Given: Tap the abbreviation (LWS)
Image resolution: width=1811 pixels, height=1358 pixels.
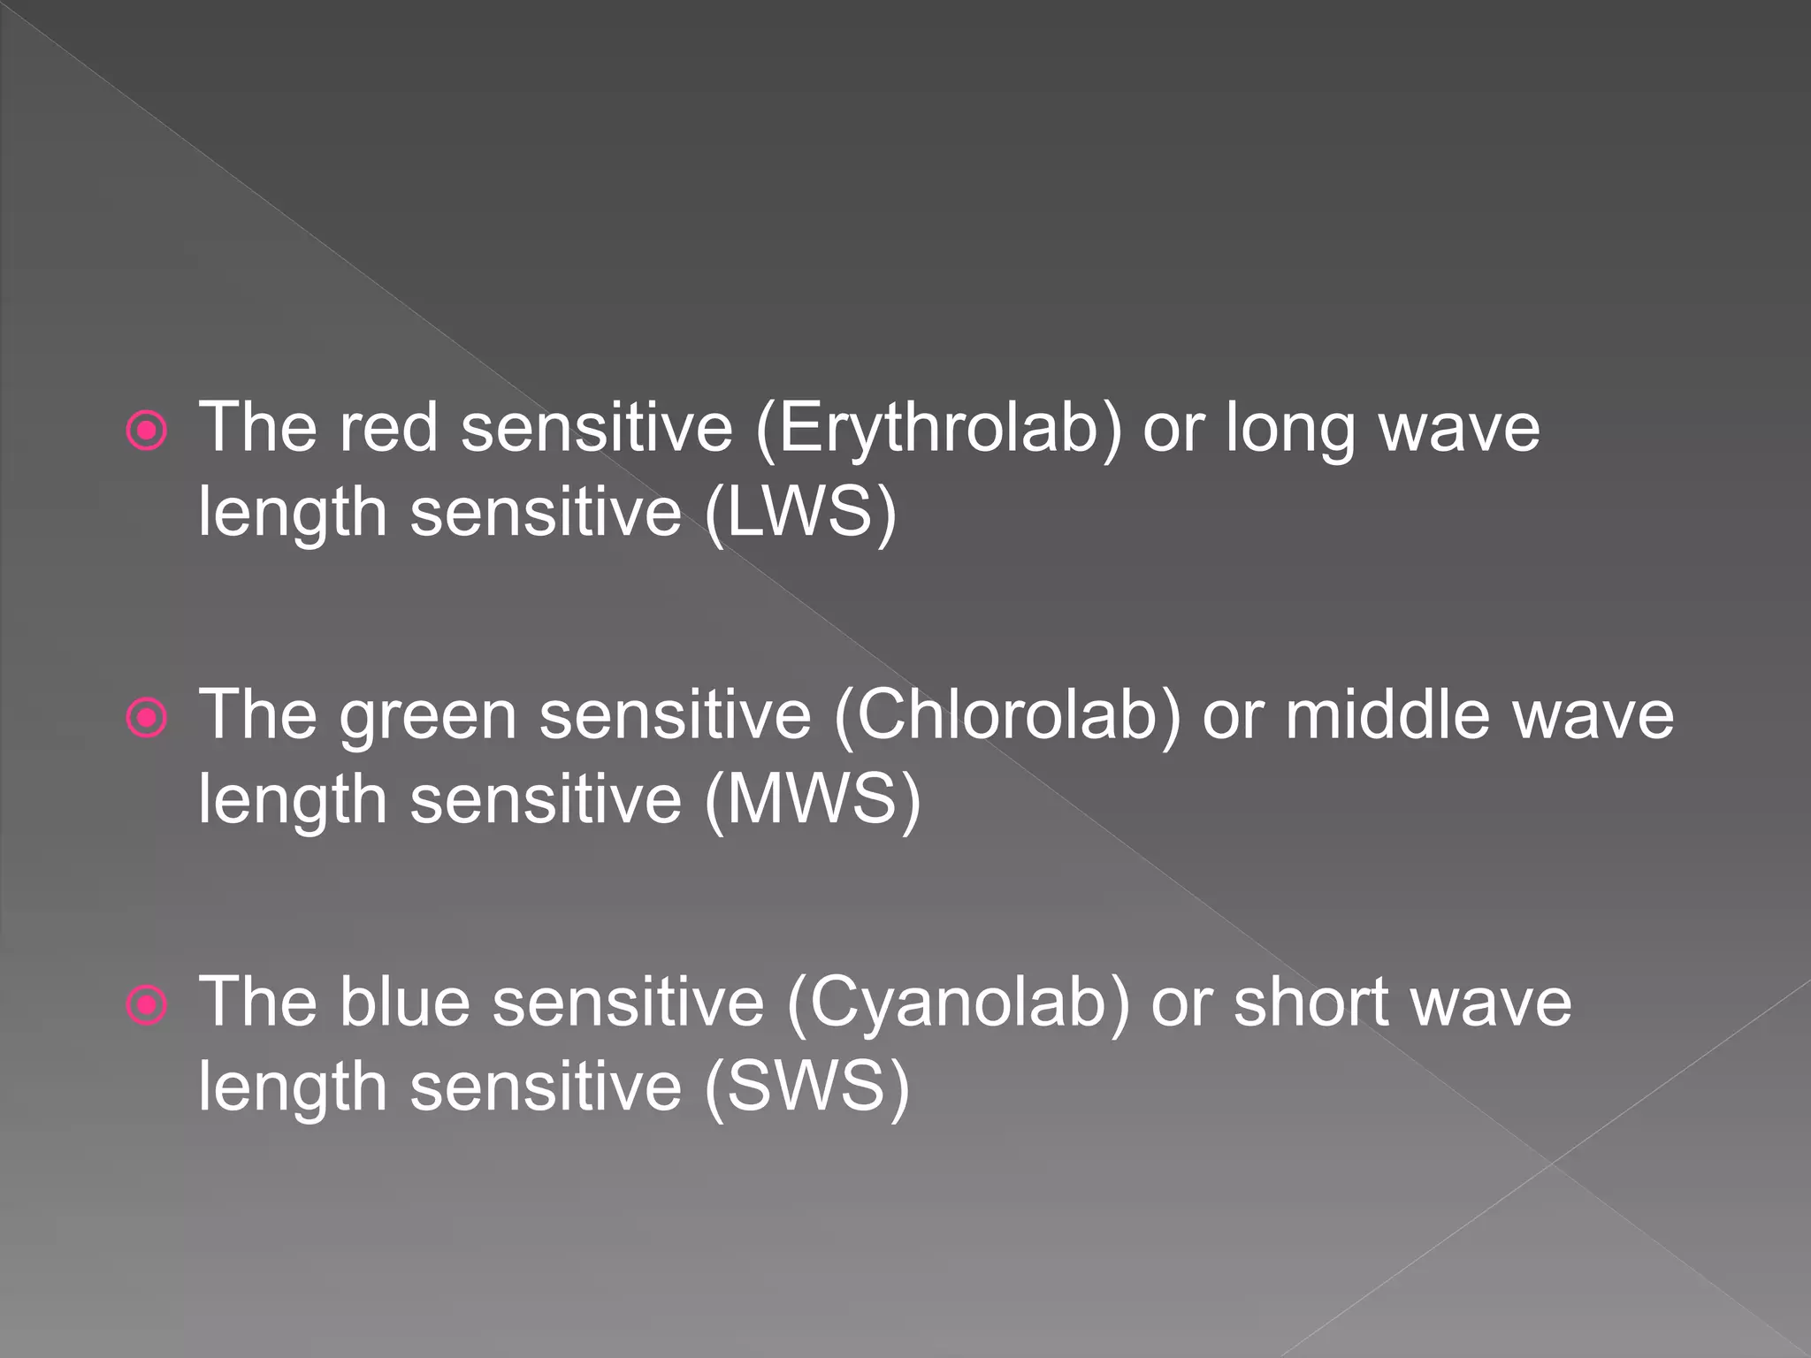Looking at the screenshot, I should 800,513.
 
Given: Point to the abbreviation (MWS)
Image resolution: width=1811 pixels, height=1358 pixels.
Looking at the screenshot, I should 813,800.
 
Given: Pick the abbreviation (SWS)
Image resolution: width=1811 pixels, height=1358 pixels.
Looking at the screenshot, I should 806,1087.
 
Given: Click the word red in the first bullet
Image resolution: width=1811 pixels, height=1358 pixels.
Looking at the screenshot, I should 389,429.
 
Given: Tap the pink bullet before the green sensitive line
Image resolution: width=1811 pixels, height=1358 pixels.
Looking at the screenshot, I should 146,719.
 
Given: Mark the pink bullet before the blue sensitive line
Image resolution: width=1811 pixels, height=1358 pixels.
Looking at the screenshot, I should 146,1006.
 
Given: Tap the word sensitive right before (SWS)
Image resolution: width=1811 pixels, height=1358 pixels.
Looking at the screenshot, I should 546,1087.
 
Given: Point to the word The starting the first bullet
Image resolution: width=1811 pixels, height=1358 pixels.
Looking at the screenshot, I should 257,429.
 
